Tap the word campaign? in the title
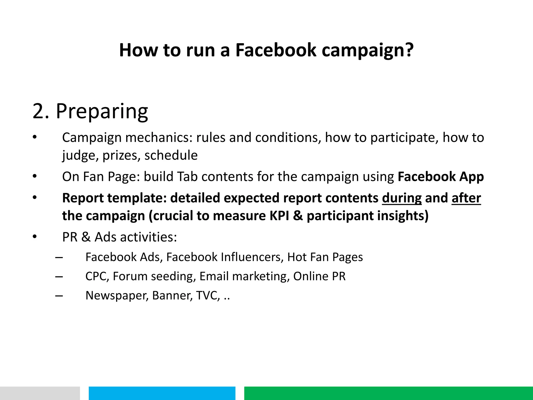coord(367,50)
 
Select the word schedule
coord(171,155)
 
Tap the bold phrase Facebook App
coord(441,177)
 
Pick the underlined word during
coord(402,198)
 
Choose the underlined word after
coord(466,198)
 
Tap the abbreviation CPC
coord(97,276)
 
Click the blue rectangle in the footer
coord(162,393)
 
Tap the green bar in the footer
coord(388,393)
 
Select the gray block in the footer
coord(40,393)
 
